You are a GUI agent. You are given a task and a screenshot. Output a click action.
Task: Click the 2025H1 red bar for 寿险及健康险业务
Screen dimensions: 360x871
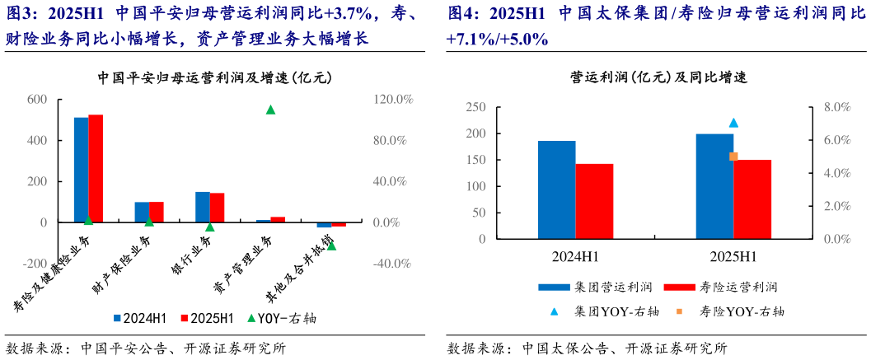(x=96, y=168)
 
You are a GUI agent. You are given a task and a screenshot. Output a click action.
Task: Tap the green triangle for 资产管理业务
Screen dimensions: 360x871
(x=270, y=110)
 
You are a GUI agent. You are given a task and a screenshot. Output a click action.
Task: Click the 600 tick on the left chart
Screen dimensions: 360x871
(x=38, y=100)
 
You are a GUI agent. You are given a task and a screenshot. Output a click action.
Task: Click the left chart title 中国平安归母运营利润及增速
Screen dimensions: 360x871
(x=214, y=79)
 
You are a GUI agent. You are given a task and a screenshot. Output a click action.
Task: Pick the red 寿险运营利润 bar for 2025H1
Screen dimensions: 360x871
(x=752, y=199)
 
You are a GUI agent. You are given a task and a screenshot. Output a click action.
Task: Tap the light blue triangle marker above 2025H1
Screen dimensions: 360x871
(x=733, y=123)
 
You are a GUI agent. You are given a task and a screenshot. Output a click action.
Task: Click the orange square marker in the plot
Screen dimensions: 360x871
(x=733, y=157)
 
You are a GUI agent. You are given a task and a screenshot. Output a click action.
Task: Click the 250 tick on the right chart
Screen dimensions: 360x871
(x=475, y=107)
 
